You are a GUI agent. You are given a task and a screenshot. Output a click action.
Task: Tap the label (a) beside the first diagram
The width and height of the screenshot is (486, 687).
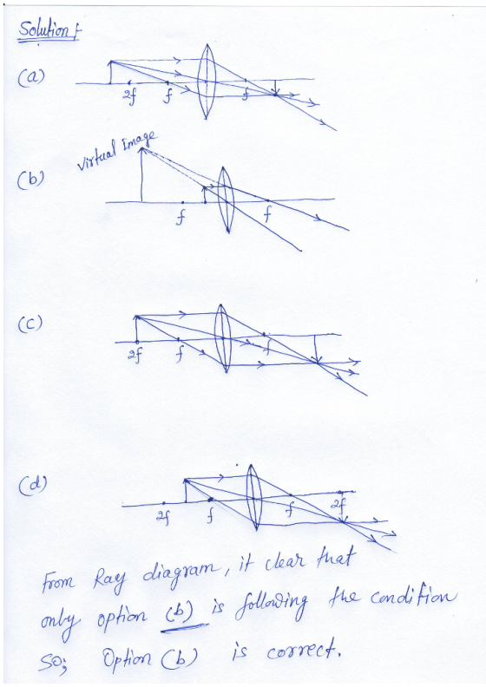[x=30, y=77]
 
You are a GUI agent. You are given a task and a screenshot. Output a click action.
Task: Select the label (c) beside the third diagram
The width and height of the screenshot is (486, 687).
[x=30, y=324]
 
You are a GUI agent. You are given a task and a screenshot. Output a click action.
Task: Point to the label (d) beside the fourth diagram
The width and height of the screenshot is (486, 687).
[x=32, y=484]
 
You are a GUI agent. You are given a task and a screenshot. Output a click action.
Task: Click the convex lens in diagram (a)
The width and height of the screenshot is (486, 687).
[x=206, y=82]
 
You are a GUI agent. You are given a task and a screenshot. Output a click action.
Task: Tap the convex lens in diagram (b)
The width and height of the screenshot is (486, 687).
[x=226, y=200]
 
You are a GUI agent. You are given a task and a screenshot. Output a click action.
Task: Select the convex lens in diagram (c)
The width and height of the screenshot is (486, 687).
[x=223, y=338]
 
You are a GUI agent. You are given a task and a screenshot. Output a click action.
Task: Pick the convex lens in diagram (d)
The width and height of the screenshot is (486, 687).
[x=253, y=497]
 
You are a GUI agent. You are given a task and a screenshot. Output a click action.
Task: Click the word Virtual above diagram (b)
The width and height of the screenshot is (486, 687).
[x=96, y=155]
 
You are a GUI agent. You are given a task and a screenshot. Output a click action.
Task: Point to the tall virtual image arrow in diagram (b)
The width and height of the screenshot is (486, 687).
[x=141, y=174]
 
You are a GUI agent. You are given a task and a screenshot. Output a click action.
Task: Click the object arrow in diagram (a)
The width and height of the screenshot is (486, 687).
[x=110, y=72]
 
